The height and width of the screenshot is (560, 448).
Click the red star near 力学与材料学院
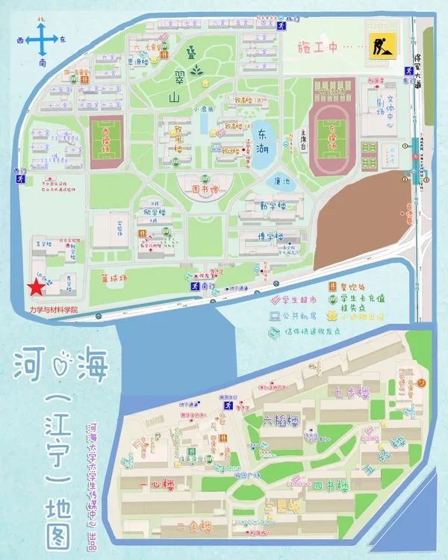pyautogui.click(x=34, y=288)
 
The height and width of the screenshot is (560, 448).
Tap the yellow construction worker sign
pyautogui.click(x=377, y=48)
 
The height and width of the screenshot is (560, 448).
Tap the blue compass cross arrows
pyautogui.click(x=43, y=38)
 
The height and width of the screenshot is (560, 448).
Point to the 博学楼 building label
pyautogui.click(x=271, y=237)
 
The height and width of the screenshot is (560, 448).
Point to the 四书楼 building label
pyautogui.click(x=331, y=486)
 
